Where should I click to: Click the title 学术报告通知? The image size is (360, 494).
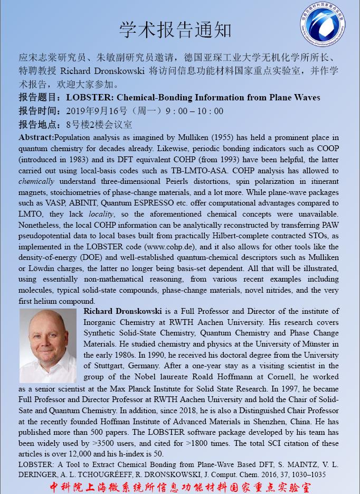pos(175,30)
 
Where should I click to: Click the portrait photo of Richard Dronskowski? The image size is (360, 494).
pos(48,346)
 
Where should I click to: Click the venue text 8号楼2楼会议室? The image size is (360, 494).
pos(99,125)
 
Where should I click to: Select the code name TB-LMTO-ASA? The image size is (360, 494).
pos(196,171)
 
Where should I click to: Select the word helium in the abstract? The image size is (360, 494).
pos(50,301)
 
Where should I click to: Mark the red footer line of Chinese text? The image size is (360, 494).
pos(180,486)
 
